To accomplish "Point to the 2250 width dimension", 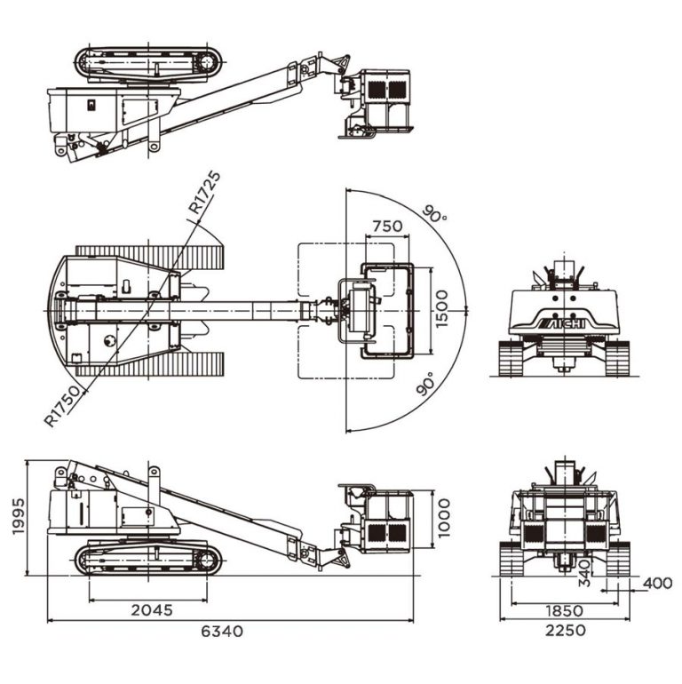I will [x=566, y=631].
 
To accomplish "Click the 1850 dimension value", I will [x=565, y=611].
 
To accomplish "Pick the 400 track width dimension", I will [x=657, y=583].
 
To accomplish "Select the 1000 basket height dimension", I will [x=443, y=518].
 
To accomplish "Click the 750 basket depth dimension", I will [x=386, y=226].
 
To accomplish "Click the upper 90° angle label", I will [x=435, y=214].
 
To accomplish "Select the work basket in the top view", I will [x=385, y=309].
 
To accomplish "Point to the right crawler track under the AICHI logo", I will [x=615, y=357].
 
